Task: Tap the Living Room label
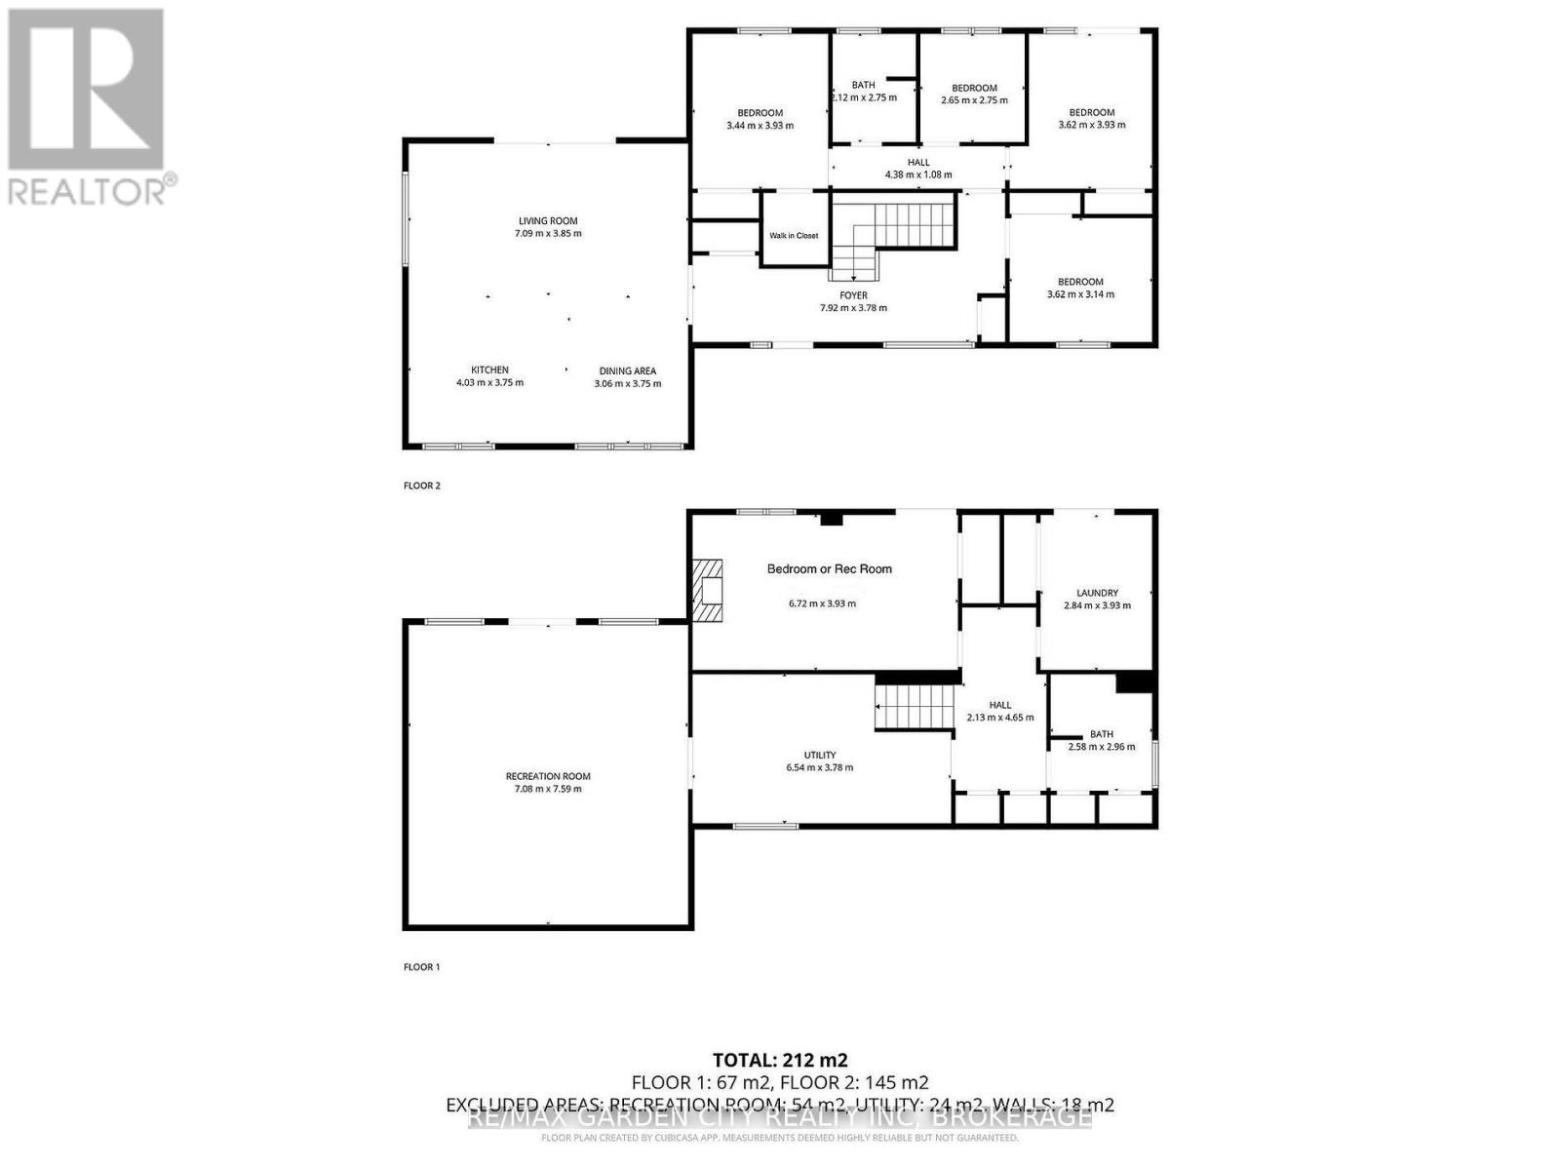coord(548,221)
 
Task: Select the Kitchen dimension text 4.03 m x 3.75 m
coord(489,383)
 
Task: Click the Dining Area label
coord(627,370)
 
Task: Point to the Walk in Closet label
coord(794,236)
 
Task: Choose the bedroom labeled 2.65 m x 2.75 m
coord(974,95)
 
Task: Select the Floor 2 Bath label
coord(863,85)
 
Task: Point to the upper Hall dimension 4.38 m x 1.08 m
coord(918,175)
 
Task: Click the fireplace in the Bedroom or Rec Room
coord(708,590)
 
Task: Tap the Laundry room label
coord(1097,593)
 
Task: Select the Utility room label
coord(819,755)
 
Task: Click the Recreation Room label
coord(548,776)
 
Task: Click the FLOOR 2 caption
coord(422,486)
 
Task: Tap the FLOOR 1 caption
coord(422,967)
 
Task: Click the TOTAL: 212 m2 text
coord(780,1060)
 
